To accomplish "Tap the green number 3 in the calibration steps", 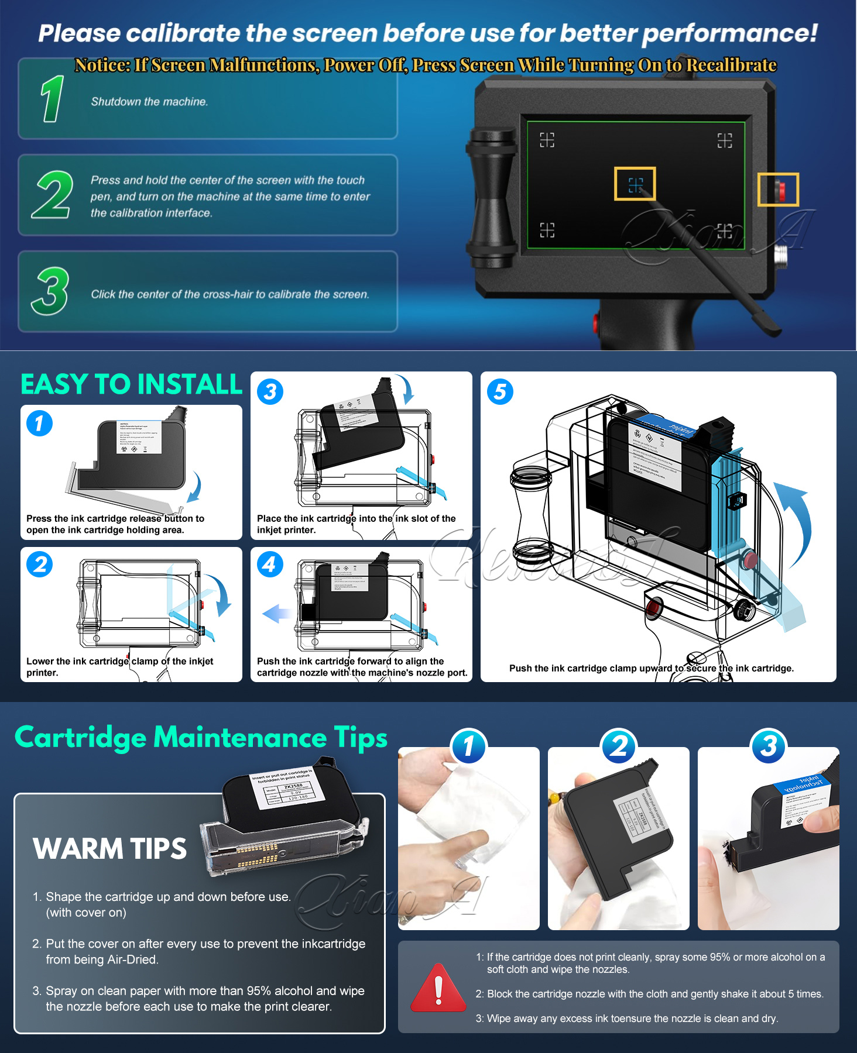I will pyautogui.click(x=50, y=291).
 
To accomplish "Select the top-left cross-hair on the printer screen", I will pyautogui.click(x=547, y=140).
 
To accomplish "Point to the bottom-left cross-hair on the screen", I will pyautogui.click(x=547, y=230).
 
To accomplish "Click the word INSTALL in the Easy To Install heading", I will pyautogui.click(x=186, y=385).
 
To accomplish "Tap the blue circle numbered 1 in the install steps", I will pyautogui.click(x=39, y=423).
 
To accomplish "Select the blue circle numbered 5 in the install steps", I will pyautogui.click(x=500, y=391).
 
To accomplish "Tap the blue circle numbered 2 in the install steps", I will pyautogui.click(x=39, y=565).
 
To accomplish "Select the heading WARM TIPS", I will pyautogui.click(x=109, y=849).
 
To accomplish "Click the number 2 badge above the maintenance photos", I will pyautogui.click(x=618, y=746).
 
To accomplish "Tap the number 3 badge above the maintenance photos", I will pyautogui.click(x=768, y=746).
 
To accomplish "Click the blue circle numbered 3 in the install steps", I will pyautogui.click(x=270, y=391).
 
